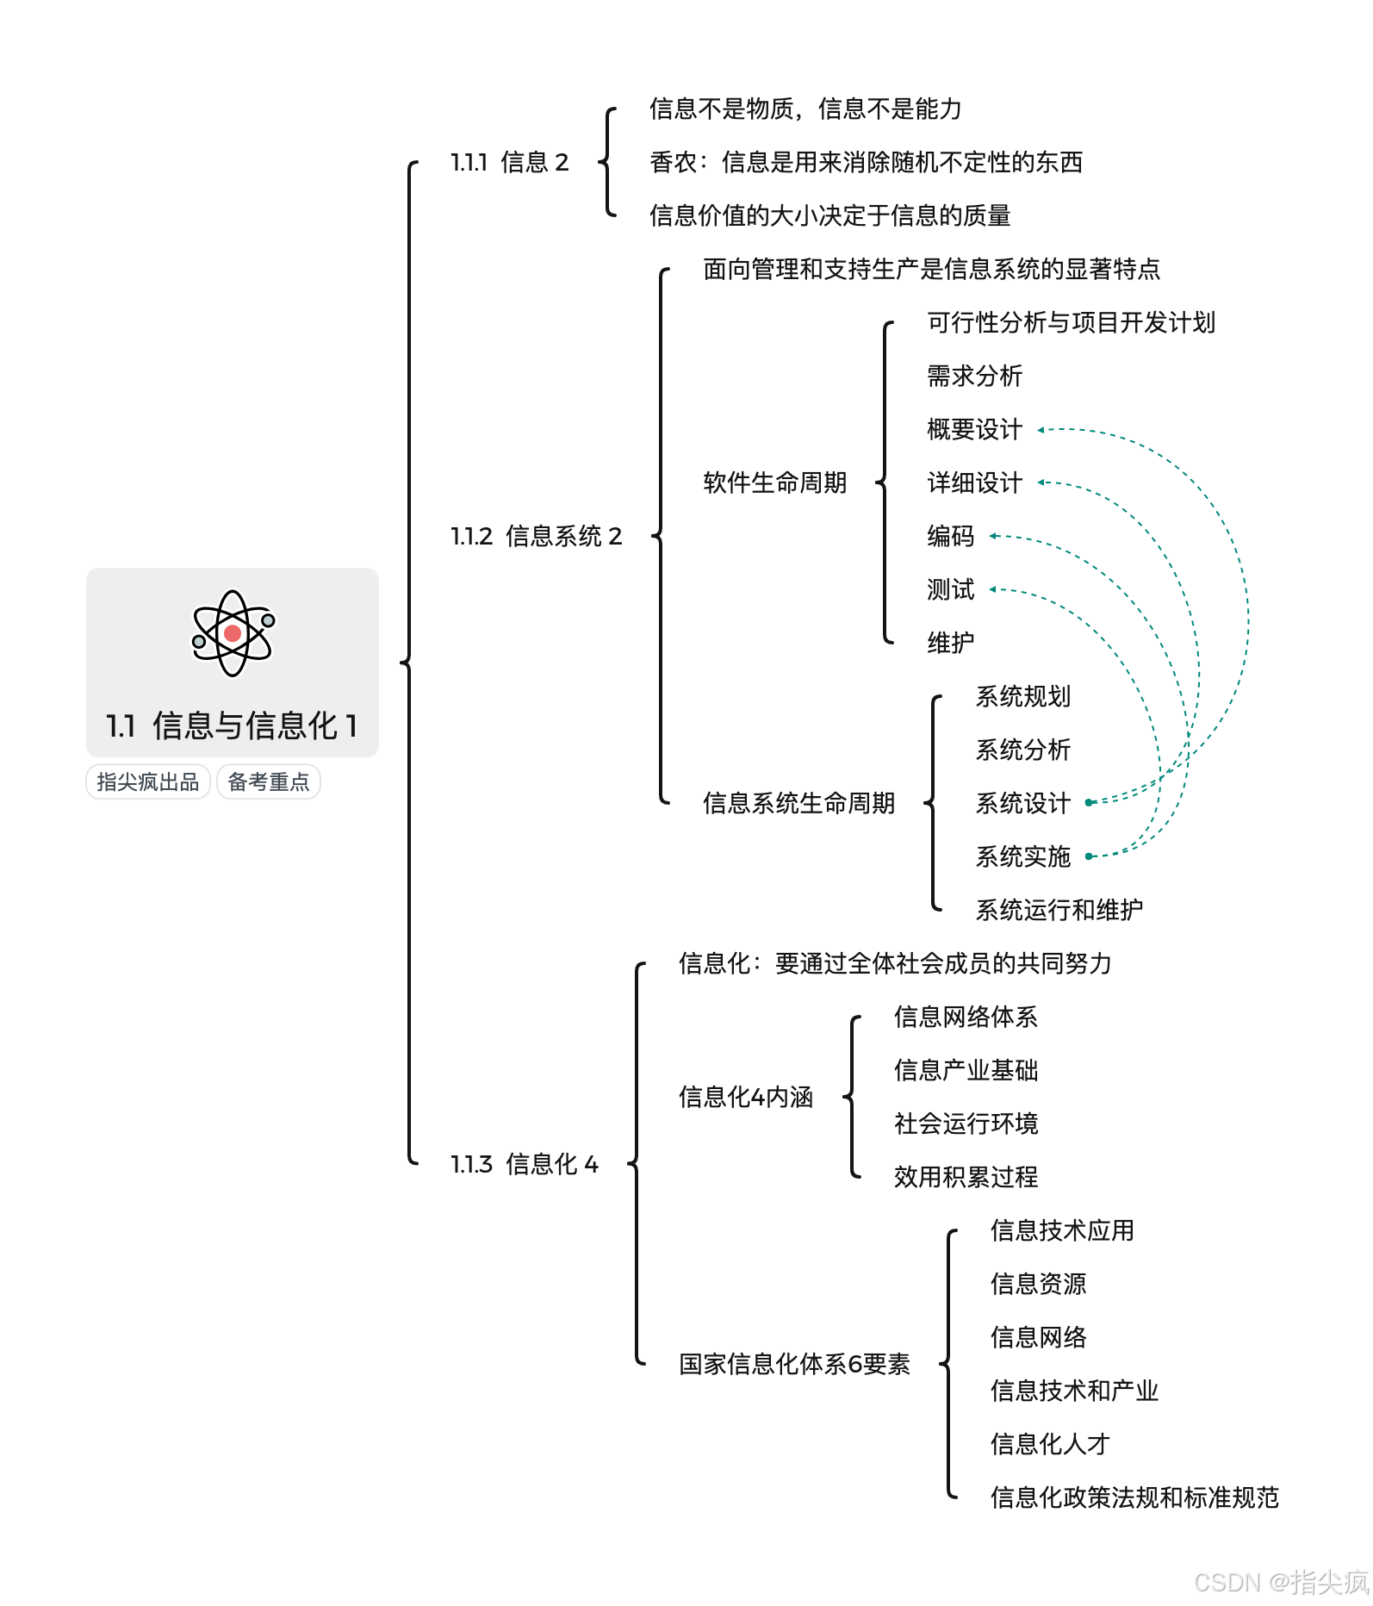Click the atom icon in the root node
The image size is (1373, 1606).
point(233,633)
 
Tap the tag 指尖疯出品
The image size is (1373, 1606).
point(148,782)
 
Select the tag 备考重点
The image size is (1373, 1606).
point(269,782)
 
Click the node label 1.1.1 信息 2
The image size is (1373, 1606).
point(510,162)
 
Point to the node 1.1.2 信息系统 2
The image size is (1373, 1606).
point(536,536)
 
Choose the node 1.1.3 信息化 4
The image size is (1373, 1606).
point(524,1164)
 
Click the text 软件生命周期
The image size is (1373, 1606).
point(774,482)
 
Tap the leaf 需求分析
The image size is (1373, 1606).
point(974,376)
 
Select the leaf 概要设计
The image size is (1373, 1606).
point(974,429)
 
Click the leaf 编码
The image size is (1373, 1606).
point(950,536)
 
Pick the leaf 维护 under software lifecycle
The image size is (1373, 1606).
point(950,643)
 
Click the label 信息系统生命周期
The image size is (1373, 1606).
point(798,803)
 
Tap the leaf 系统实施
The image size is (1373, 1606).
point(1022,856)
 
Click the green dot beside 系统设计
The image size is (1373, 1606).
point(1089,803)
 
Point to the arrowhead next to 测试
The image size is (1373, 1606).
point(993,589)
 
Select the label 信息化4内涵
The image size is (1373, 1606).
point(746,1097)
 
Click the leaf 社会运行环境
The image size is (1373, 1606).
point(966,1124)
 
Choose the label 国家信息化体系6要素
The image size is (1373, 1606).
point(794,1364)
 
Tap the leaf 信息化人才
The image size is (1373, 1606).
point(1049,1444)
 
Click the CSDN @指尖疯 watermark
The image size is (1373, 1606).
point(1281,1582)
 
